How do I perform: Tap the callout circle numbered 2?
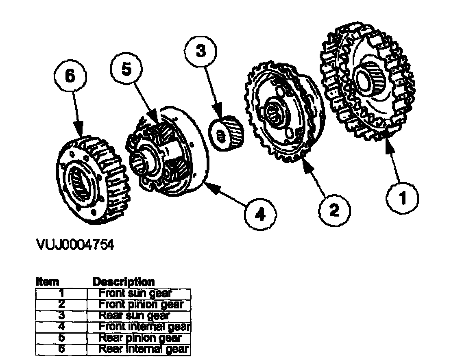[334, 210]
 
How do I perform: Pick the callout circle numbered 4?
[260, 214]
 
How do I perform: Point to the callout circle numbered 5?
[127, 69]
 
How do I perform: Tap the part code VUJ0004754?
[75, 245]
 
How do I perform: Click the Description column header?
[124, 282]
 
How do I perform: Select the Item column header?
[48, 282]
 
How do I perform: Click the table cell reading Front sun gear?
[136, 293]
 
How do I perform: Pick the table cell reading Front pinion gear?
[141, 304]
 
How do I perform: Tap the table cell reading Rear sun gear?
[134, 315]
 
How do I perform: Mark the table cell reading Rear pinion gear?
[139, 338]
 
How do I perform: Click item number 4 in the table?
[61, 326]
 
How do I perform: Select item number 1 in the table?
[61, 293]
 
